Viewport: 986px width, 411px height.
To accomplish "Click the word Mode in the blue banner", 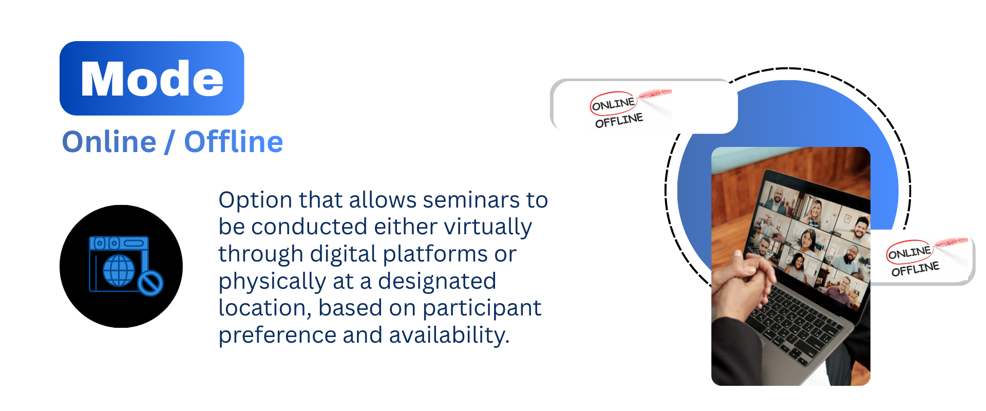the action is click(x=152, y=79).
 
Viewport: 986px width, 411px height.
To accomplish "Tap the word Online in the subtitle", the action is click(x=109, y=142).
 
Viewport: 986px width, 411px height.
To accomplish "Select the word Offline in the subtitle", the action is click(x=234, y=142).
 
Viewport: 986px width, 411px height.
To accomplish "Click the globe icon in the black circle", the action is click(x=119, y=270).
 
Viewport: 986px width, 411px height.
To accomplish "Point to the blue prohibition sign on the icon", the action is click(x=150, y=283).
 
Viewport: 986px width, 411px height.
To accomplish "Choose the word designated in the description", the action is click(x=437, y=282).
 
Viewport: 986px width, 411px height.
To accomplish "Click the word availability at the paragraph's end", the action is click(x=449, y=335).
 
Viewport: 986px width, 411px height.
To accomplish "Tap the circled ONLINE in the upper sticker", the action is click(x=613, y=104).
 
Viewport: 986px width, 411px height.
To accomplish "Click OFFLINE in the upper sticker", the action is click(x=619, y=121).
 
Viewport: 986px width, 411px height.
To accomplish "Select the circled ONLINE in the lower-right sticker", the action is click(x=909, y=252).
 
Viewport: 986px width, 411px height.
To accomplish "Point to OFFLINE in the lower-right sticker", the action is click(x=915, y=269).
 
